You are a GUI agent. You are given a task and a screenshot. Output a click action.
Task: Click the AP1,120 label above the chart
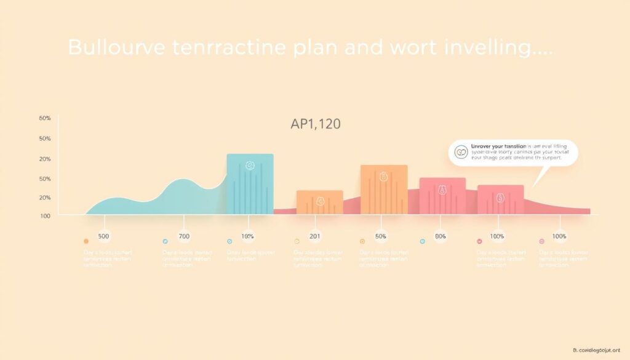click(x=316, y=124)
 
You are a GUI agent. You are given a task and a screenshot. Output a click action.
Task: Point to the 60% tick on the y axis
click(x=45, y=118)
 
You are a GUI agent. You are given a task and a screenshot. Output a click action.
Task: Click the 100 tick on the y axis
click(x=46, y=216)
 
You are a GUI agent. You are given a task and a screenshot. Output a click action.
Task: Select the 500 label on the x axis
click(x=104, y=236)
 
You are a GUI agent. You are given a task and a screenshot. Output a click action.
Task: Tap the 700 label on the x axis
click(x=185, y=236)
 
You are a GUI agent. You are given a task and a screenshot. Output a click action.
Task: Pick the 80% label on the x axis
click(x=441, y=236)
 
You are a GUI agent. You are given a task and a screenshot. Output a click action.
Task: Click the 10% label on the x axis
click(x=248, y=236)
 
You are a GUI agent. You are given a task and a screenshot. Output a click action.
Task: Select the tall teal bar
click(x=250, y=185)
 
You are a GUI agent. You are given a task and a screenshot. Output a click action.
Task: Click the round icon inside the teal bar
click(x=250, y=166)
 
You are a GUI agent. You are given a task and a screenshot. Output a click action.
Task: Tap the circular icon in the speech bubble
click(x=460, y=152)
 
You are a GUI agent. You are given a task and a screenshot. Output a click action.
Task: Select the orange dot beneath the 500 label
click(x=86, y=241)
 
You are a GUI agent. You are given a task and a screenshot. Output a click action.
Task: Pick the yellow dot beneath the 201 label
click(x=297, y=241)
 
